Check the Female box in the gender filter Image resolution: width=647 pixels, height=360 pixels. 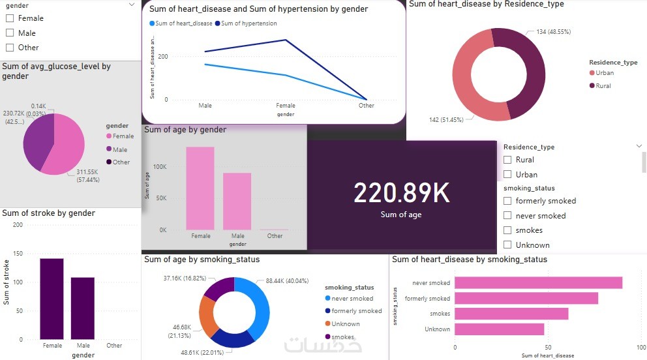pyautogui.click(x=10, y=18)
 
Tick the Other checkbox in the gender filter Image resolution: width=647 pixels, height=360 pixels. pyautogui.click(x=10, y=48)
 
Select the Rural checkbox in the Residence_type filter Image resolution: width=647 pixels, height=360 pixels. pyautogui.click(x=507, y=160)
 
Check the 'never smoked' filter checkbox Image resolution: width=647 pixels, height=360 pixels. pyautogui.click(x=507, y=216)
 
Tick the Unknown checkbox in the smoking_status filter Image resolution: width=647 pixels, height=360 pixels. pyautogui.click(x=507, y=245)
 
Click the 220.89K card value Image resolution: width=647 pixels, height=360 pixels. pyautogui.click(x=402, y=192)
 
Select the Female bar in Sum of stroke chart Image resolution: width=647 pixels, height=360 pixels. pyautogui.click(x=52, y=299)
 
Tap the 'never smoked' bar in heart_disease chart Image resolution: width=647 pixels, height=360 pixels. pyautogui.click(x=538, y=283)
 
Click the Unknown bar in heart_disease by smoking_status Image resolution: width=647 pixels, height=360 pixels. pyautogui.click(x=499, y=329)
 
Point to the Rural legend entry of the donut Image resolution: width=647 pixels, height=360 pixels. pyautogui.click(x=603, y=86)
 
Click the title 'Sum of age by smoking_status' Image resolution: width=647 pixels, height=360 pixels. pyautogui.click(x=202, y=260)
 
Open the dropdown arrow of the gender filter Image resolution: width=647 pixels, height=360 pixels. pyautogui.click(x=132, y=5)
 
